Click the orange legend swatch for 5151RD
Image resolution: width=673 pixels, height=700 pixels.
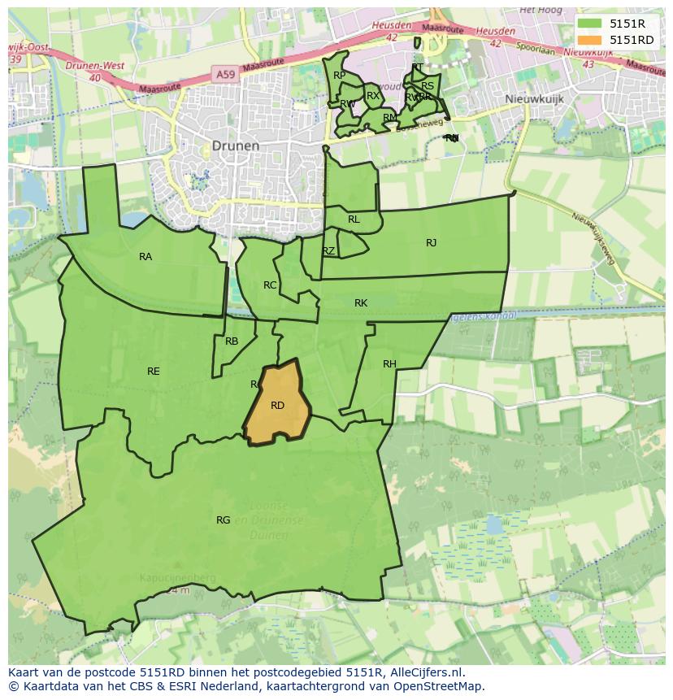click(591, 39)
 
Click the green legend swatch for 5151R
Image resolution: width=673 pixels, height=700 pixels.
click(591, 24)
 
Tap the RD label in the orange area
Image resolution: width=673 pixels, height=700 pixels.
click(277, 405)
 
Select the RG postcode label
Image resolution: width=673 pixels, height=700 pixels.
click(223, 520)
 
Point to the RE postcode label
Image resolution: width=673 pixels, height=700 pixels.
click(153, 372)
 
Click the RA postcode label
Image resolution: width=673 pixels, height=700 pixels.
click(145, 257)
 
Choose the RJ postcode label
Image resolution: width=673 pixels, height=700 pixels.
click(431, 242)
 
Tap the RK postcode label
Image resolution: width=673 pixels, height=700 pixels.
click(361, 303)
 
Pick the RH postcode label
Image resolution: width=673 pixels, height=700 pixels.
click(389, 364)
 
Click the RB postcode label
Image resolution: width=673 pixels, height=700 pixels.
click(232, 341)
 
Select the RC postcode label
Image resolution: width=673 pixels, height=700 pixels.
click(270, 285)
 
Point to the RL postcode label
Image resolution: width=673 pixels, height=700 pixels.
click(354, 220)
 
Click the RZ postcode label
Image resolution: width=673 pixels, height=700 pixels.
click(328, 251)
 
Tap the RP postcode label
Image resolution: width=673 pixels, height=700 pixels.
click(340, 76)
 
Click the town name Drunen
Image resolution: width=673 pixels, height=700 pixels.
click(235, 146)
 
